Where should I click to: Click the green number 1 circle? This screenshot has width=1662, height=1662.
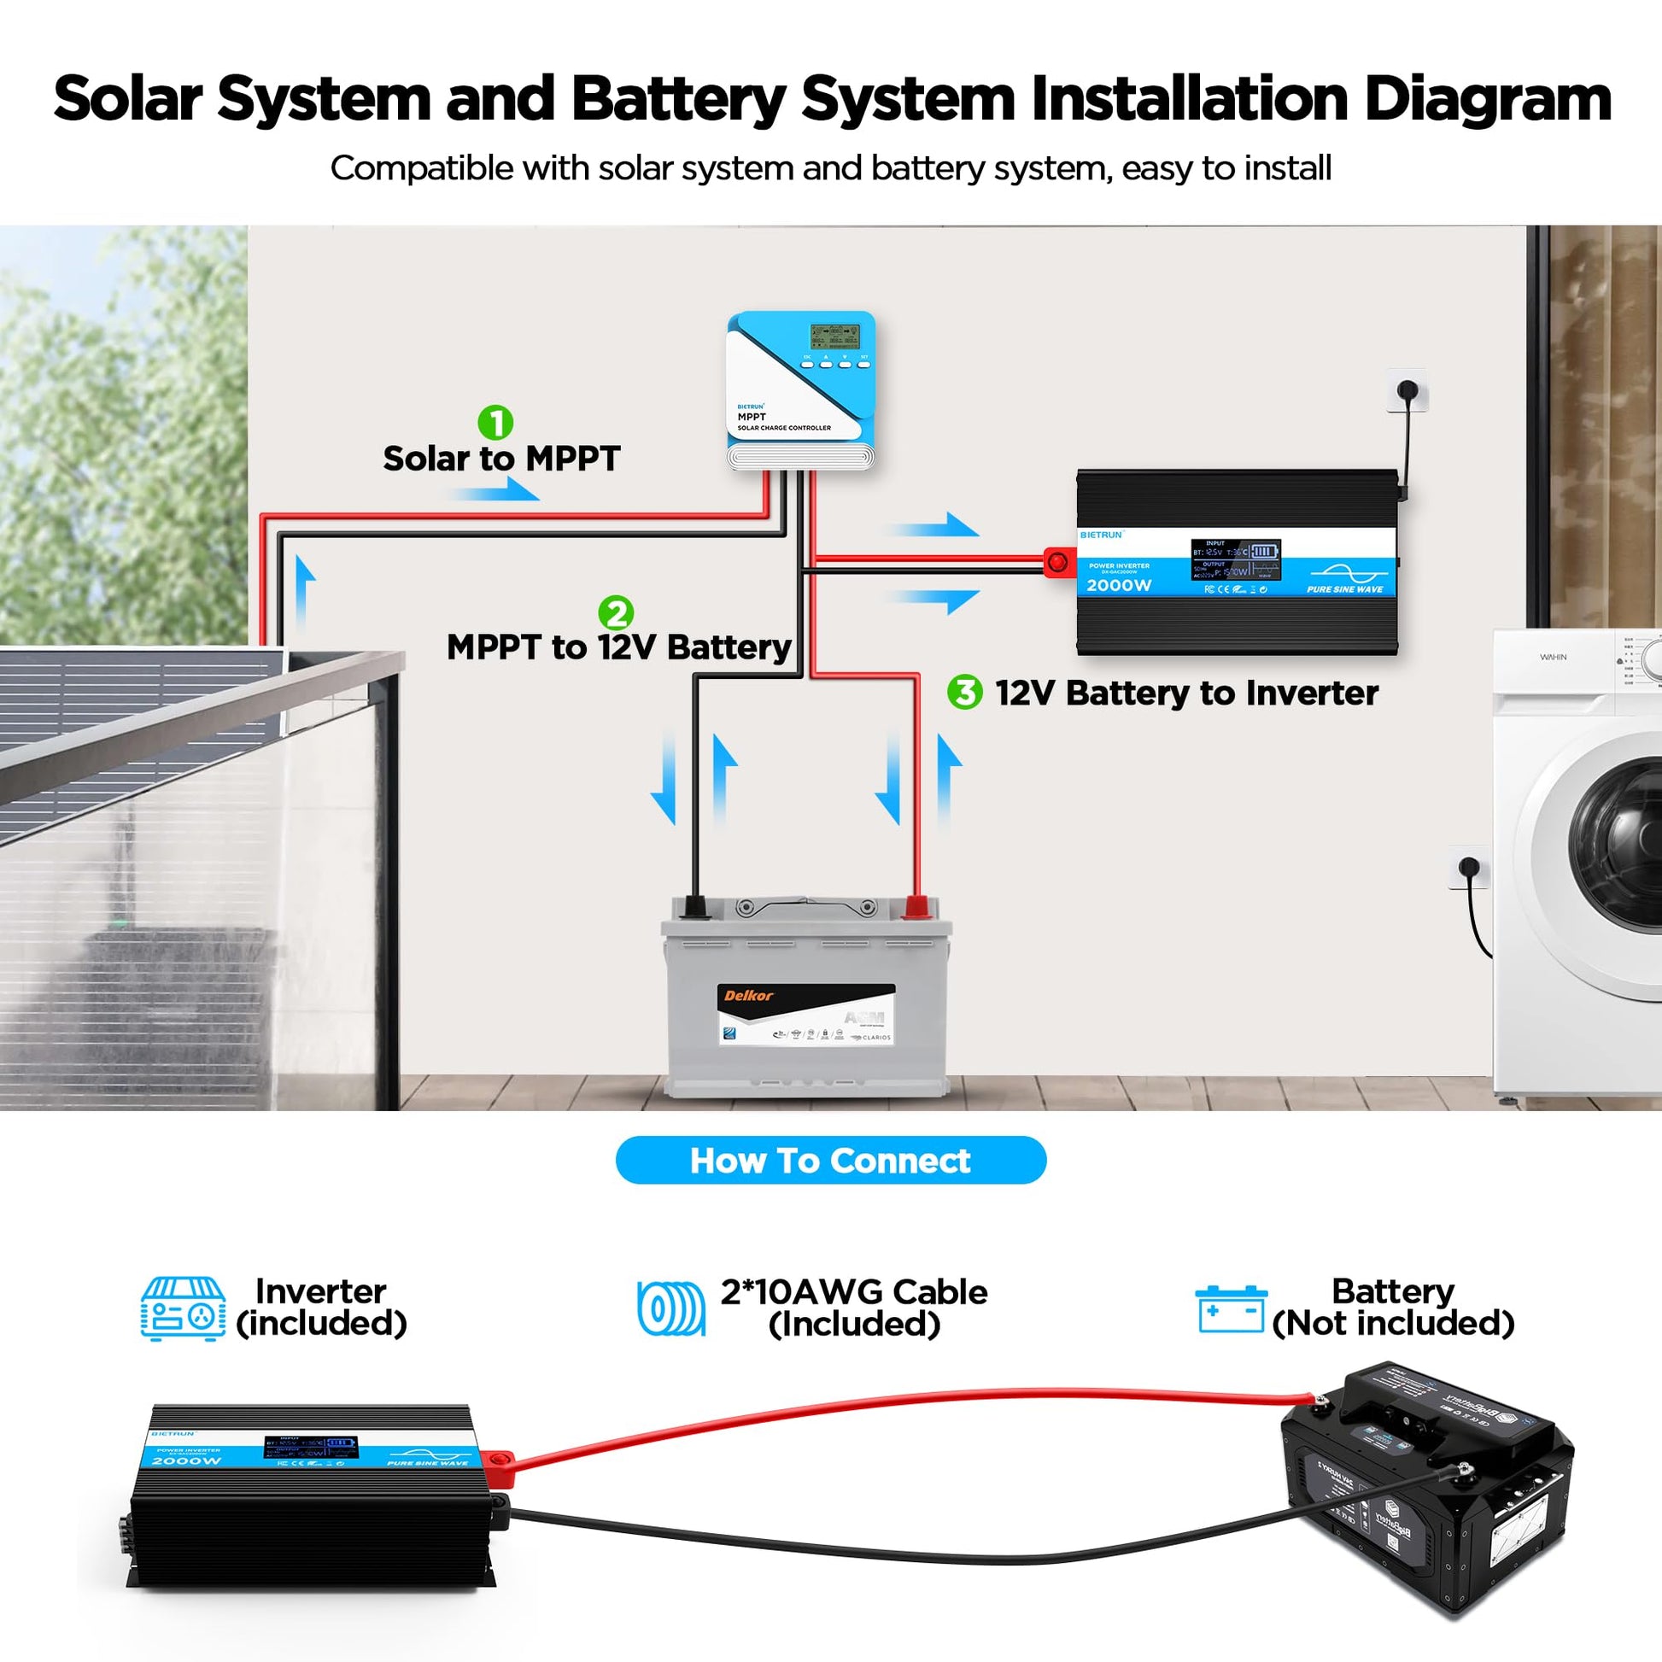495,423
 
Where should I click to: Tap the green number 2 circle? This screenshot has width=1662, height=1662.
616,612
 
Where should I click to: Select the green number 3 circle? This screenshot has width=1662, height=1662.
964,692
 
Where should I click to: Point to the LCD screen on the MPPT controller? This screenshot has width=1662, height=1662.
835,336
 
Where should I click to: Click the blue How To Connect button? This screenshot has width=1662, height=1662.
830,1161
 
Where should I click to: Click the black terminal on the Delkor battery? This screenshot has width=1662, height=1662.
693,907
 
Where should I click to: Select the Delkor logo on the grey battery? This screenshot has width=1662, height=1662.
748,995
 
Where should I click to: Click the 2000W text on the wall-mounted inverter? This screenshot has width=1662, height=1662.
1118,585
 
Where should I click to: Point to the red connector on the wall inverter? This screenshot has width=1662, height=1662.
1057,563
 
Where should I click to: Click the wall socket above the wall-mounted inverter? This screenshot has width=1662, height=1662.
1407,391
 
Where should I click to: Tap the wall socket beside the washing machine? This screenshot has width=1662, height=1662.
1469,866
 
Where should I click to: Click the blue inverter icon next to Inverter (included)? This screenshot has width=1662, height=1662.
184,1308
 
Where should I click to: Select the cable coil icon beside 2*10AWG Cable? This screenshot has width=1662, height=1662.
671,1308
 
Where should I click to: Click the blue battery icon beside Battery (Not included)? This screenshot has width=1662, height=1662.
1231,1308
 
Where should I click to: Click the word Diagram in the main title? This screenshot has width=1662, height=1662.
1488,98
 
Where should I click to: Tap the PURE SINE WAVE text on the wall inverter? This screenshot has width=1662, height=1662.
1344,589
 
